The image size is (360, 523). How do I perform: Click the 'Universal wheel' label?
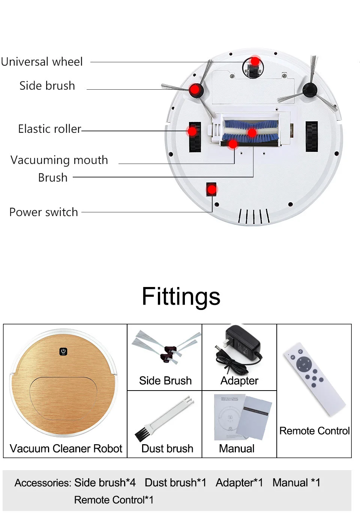(42, 62)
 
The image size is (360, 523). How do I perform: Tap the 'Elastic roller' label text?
(49, 129)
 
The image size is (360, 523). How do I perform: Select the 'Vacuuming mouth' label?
(59, 160)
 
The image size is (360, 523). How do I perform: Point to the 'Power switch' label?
(43, 212)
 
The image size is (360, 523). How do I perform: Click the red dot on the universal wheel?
(255, 61)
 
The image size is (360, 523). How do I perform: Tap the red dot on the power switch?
(212, 189)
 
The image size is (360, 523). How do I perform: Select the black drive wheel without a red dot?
(311, 137)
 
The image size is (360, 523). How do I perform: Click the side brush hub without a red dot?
(310, 90)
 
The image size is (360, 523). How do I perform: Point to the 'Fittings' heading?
(181, 297)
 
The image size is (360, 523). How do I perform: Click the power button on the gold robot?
(63, 352)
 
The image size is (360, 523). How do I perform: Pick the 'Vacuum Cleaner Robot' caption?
(66, 449)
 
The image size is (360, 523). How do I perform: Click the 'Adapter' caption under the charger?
(239, 381)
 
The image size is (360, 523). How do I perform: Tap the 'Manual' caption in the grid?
(237, 449)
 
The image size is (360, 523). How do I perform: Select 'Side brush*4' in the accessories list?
(105, 482)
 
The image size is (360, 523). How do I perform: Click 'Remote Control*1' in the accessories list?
(114, 500)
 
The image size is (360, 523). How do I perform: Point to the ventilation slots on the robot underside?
(254, 216)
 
